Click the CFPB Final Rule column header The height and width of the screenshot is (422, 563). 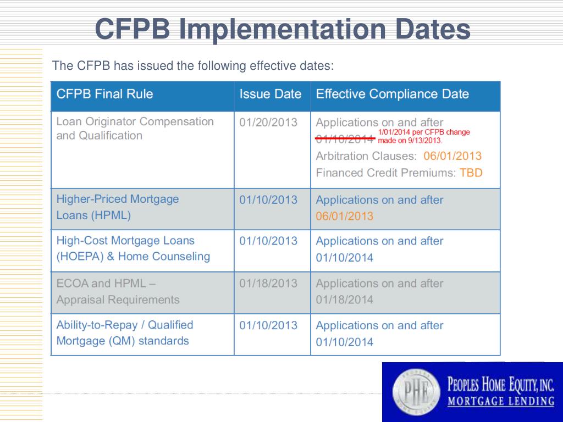point(104,94)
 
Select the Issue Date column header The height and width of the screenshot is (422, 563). point(271,94)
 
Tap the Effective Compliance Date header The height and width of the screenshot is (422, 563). point(392,94)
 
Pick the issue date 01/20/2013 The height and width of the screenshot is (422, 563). point(268,122)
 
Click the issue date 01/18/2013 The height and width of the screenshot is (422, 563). point(268,284)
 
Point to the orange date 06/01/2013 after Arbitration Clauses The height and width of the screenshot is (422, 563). point(452,156)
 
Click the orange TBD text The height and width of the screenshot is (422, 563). point(471,173)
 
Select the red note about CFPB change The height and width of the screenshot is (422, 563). point(424,136)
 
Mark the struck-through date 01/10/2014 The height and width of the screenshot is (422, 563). point(345,138)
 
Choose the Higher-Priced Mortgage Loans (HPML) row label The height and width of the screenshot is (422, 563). point(117,207)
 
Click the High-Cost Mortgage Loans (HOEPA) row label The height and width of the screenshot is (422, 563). point(133,248)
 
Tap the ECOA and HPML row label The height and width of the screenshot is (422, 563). point(118,291)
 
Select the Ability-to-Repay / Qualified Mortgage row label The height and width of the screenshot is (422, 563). point(125,333)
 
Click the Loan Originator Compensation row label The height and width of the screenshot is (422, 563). point(135,128)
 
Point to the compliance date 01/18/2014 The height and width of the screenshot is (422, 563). point(344,300)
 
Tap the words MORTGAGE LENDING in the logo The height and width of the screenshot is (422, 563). point(501,402)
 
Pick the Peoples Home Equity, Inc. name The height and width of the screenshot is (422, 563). point(501,384)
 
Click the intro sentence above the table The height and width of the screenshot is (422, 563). point(193,66)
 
